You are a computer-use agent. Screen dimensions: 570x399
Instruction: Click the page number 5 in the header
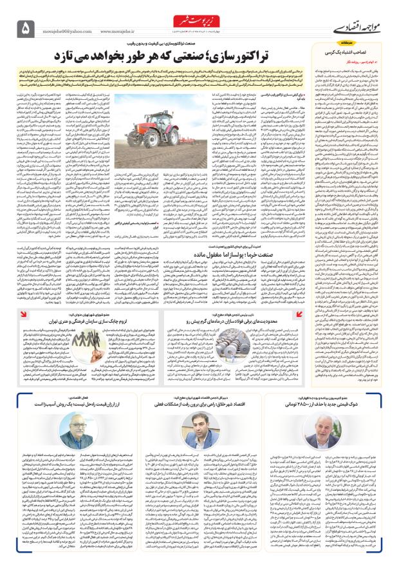pyautogui.click(x=26, y=27)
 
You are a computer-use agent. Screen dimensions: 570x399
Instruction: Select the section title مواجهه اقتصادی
pyautogui.click(x=348, y=28)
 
